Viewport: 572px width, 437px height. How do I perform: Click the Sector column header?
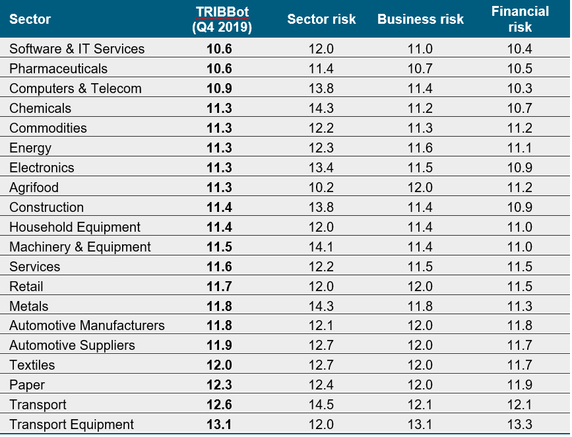30,20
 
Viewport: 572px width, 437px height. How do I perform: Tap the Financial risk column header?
520,20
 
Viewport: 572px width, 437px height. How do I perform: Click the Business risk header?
420,20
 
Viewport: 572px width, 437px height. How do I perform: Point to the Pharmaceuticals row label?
58,69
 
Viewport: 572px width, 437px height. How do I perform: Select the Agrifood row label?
34,187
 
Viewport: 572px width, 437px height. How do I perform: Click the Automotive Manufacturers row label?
87,325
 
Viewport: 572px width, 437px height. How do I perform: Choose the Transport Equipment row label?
71,424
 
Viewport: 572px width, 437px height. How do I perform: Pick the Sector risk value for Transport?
321,405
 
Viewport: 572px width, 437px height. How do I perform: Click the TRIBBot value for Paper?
219,385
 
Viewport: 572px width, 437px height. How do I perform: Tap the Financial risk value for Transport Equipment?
520,424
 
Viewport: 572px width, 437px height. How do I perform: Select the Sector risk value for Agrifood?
321,187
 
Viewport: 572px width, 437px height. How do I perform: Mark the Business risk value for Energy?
420,148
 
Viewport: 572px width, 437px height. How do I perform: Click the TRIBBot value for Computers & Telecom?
219,88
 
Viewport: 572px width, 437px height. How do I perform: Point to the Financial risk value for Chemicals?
520,108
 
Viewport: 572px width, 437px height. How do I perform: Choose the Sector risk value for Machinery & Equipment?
321,247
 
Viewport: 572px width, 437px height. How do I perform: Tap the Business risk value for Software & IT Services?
420,49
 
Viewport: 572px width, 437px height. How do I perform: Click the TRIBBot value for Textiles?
219,365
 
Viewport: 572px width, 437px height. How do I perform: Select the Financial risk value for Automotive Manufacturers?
520,325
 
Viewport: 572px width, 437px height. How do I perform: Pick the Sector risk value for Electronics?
321,168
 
